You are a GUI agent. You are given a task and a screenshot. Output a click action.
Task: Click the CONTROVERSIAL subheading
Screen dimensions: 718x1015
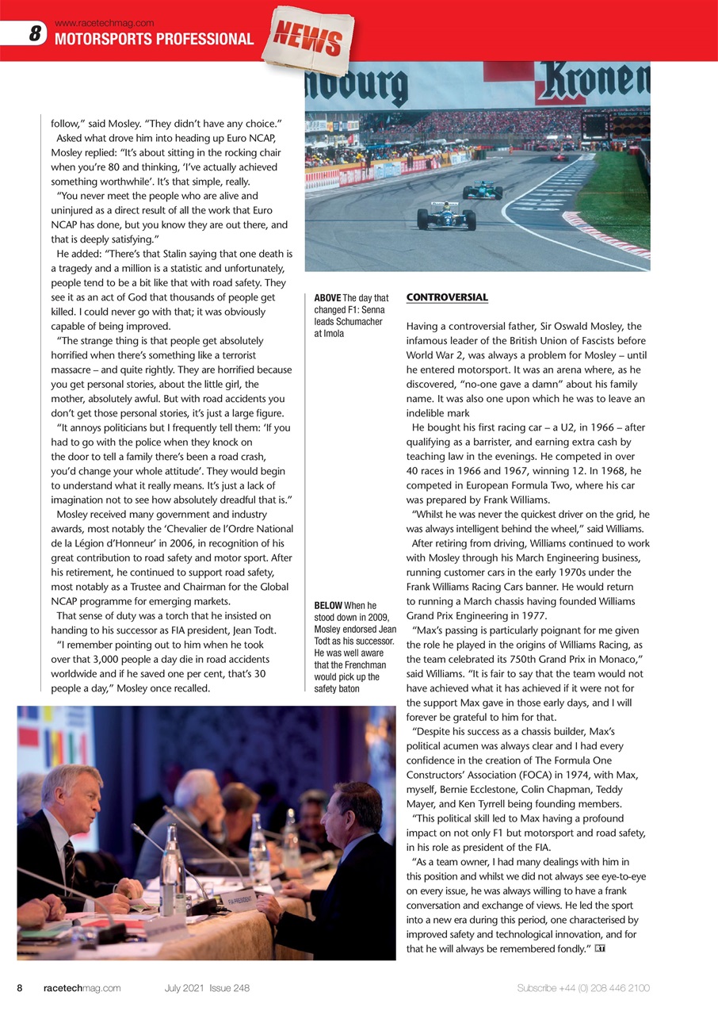(x=446, y=297)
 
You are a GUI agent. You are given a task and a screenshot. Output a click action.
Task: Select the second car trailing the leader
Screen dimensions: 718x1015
(x=482, y=190)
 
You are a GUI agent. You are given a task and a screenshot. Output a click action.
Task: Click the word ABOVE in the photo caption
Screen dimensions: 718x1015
(x=327, y=298)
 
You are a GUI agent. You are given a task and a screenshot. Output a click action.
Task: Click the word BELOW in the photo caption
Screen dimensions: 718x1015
(x=328, y=606)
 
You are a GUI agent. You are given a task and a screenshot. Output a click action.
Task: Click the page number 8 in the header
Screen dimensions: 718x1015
(x=35, y=34)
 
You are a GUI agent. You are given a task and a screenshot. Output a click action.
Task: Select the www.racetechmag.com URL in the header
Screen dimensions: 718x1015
(x=104, y=23)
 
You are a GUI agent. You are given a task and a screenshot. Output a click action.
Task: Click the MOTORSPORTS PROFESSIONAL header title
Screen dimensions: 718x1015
(x=154, y=39)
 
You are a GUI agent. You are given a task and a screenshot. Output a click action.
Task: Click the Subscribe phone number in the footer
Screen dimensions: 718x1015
(x=583, y=988)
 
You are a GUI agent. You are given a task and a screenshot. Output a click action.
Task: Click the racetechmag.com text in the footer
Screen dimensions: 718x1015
(x=82, y=988)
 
